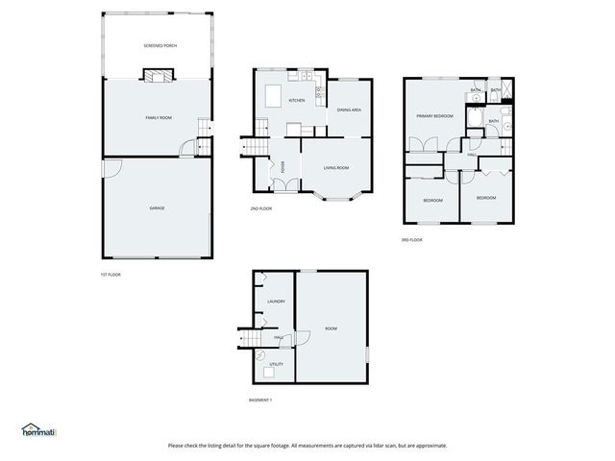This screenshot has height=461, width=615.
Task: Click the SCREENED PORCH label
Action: tap(160, 46)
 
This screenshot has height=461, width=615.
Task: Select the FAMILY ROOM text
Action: tap(159, 117)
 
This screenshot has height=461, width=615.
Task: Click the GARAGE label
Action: tap(157, 207)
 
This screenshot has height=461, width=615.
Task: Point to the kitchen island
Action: tap(274, 96)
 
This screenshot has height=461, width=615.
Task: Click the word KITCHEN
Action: tap(297, 101)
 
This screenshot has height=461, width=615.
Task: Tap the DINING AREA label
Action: tap(349, 110)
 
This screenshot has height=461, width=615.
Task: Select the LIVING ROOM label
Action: tap(335, 168)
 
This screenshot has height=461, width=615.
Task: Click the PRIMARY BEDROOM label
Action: tap(434, 116)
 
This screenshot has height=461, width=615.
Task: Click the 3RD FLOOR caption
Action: tap(411, 240)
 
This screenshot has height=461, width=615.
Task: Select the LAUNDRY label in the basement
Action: tap(276, 302)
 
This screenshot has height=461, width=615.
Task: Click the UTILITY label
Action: tap(276, 364)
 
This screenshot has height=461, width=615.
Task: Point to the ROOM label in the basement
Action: tap(331, 329)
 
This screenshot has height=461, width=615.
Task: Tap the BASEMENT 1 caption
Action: tap(260, 400)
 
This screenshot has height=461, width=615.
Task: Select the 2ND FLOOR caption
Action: tap(260, 208)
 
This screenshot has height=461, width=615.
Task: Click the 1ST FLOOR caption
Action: tap(111, 275)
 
